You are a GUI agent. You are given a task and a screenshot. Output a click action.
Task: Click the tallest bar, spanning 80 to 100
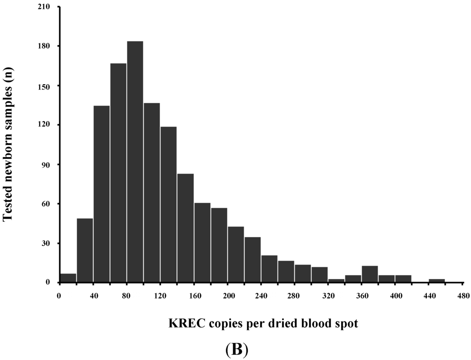135,162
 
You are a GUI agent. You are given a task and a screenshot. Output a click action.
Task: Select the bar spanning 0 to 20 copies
68,278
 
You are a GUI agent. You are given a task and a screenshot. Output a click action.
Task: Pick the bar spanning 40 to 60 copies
101,194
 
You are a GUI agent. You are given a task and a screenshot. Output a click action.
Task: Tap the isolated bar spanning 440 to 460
437,280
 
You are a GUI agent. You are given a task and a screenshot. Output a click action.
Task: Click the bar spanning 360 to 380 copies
369,274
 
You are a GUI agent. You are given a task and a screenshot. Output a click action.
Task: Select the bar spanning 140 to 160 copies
185,228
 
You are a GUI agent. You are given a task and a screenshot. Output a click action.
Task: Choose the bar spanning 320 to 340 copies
336,280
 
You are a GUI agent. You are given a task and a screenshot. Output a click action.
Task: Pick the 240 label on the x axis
261,295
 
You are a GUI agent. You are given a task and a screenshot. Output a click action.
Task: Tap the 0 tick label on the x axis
59,295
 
